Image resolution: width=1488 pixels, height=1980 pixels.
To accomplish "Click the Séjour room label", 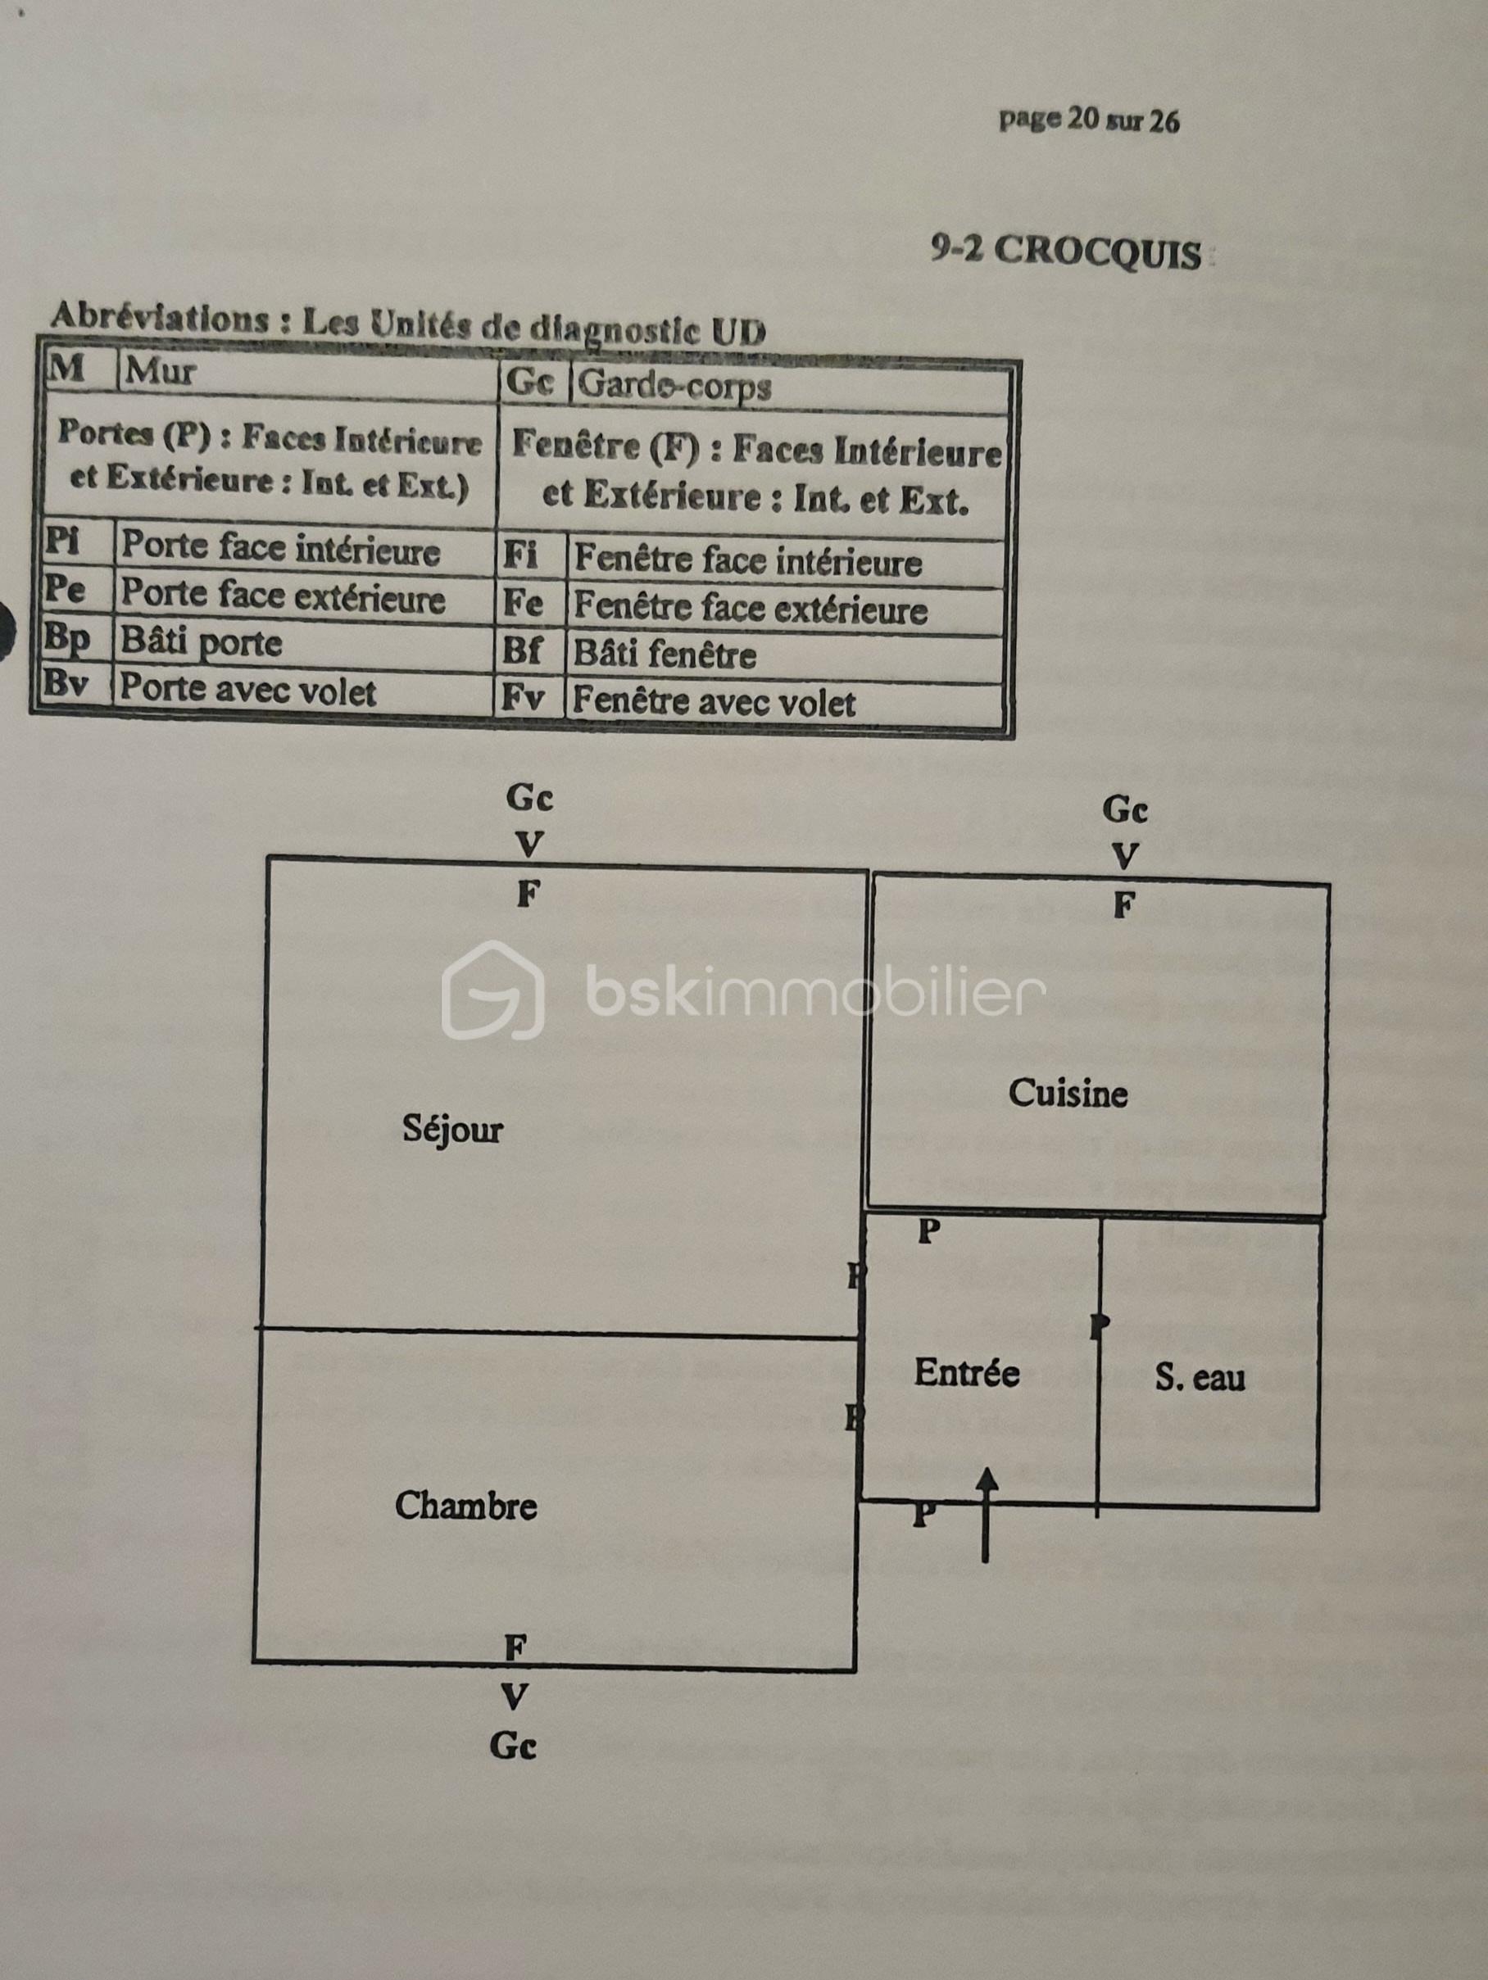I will (452, 1130).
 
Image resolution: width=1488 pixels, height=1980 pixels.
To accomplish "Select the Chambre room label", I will (465, 1507).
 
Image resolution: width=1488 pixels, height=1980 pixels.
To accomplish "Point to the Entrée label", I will (966, 1372).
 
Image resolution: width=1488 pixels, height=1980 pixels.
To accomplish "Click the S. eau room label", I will (1200, 1377).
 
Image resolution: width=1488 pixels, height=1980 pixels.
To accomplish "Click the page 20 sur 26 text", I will (1089, 119).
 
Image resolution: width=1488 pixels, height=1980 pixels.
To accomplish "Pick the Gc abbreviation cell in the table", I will (530, 383).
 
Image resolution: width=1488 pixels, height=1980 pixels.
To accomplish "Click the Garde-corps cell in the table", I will (674, 386).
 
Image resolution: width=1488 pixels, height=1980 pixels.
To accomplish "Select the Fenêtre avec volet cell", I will (714, 702).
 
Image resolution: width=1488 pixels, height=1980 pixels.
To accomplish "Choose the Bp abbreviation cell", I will (68, 638).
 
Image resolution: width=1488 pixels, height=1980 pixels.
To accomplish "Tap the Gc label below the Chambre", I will (513, 1747).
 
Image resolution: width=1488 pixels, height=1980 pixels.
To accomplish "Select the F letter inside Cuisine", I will (1123, 905).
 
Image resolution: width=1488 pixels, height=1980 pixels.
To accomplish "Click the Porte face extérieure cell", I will (283, 595).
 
